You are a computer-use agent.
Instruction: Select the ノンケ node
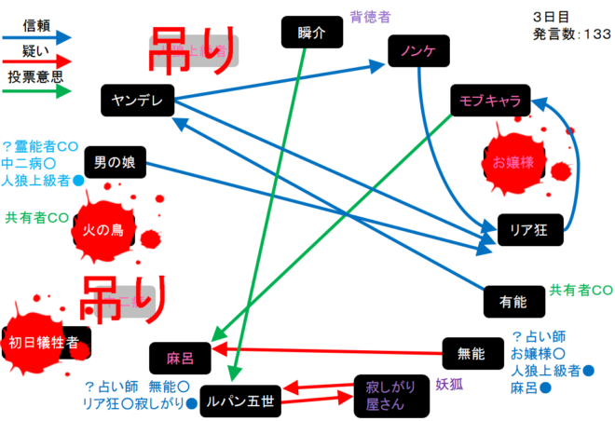(x=418, y=49)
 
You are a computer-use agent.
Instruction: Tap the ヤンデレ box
(x=137, y=100)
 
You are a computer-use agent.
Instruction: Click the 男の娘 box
(x=115, y=162)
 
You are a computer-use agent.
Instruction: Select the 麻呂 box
(x=179, y=357)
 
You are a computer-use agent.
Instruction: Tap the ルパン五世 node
(x=240, y=401)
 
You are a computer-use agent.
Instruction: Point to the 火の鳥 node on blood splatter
(x=105, y=229)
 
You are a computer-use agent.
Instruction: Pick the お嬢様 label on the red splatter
(x=513, y=163)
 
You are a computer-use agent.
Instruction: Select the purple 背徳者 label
(x=369, y=16)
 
